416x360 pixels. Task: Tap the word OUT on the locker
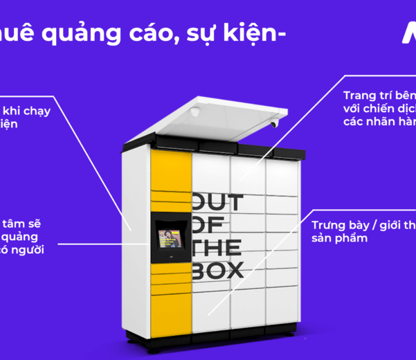coord(217,203)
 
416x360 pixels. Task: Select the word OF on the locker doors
coord(206,225)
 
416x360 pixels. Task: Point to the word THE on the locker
coord(217,247)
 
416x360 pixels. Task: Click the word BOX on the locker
coord(217,269)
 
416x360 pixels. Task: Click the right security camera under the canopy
coord(274,124)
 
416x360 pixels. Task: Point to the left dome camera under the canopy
coord(197,111)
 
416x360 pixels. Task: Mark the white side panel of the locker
coord(136,235)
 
